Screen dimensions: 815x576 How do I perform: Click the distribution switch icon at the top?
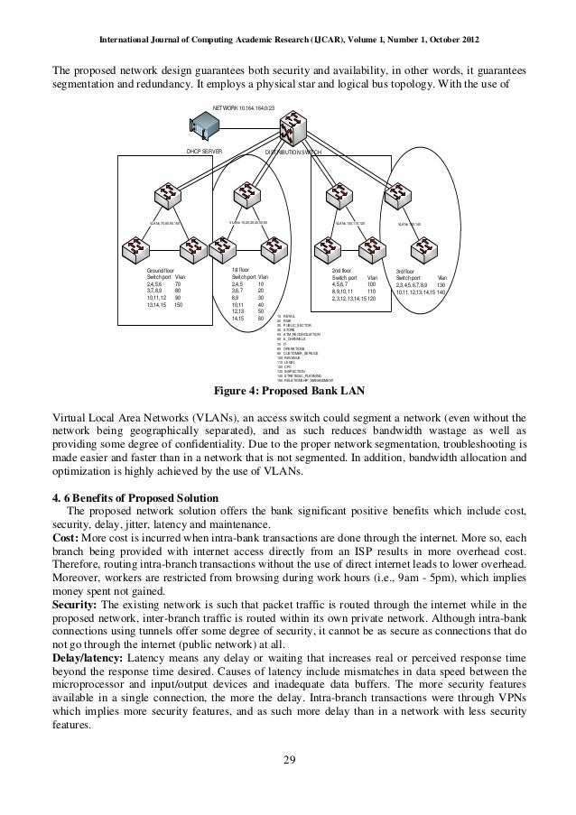294,125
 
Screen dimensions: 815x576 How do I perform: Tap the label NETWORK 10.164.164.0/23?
242,107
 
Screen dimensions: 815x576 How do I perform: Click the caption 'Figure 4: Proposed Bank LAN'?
287,391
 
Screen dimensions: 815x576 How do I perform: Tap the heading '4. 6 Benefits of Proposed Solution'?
135,499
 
